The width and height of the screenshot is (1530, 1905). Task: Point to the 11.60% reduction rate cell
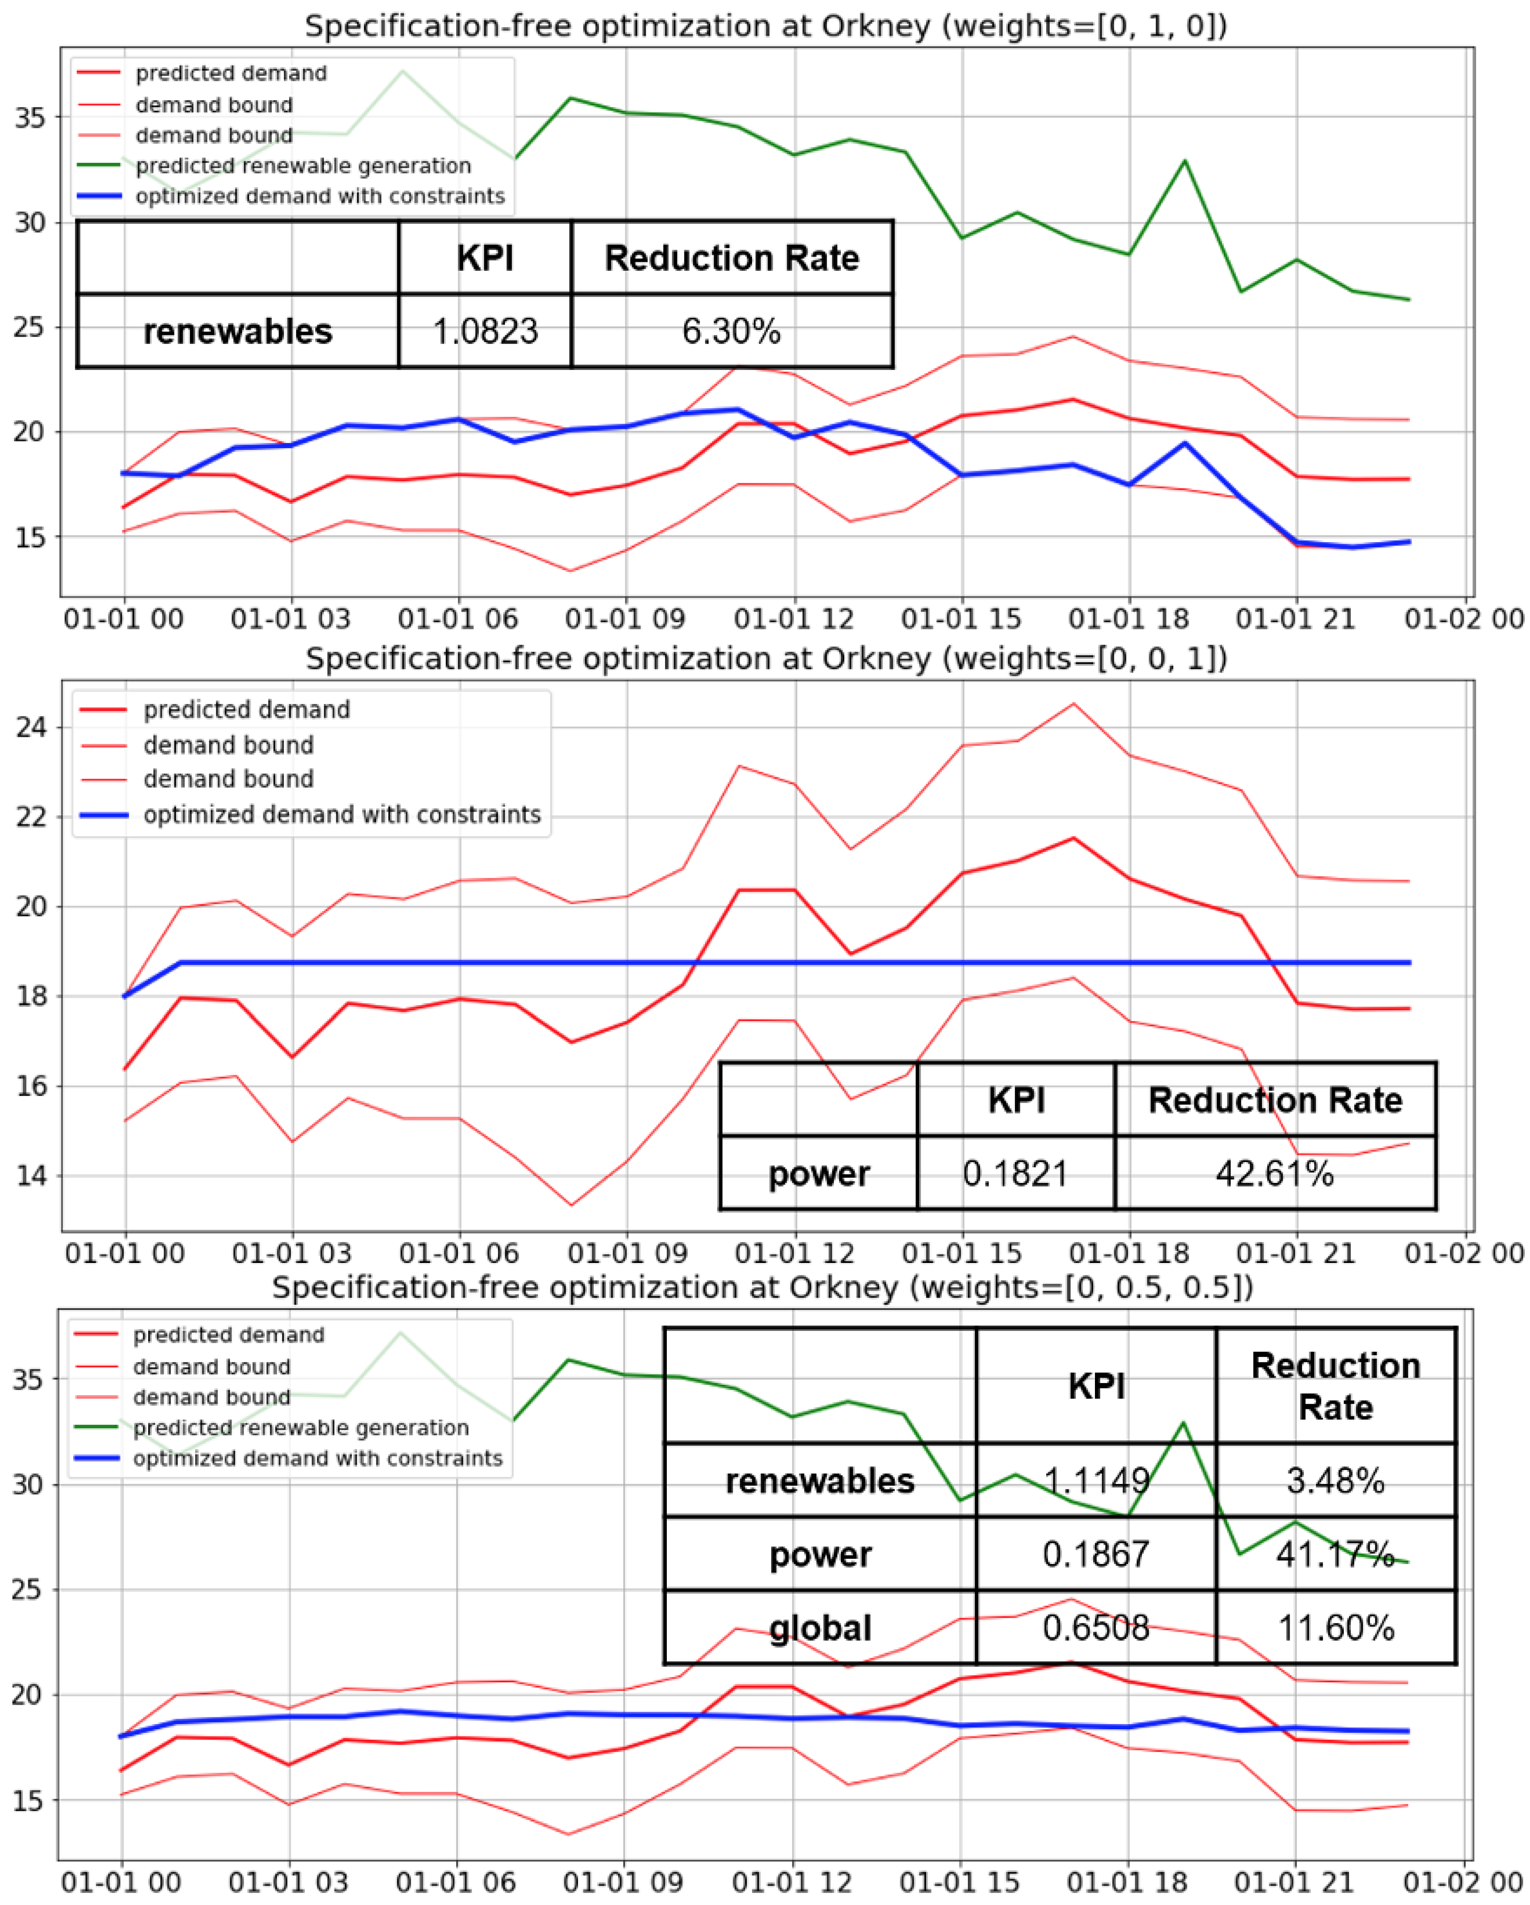click(1336, 1628)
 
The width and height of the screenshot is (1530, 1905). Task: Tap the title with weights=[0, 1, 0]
click(765, 26)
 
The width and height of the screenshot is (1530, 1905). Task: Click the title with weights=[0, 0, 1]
click(765, 658)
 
